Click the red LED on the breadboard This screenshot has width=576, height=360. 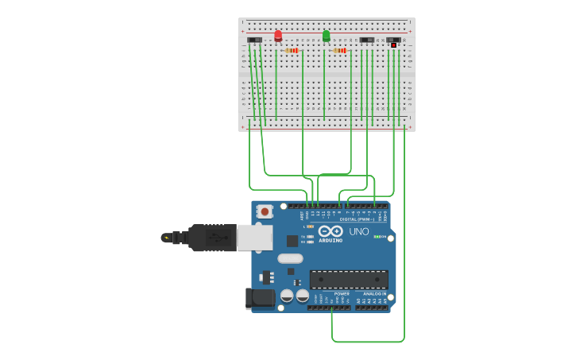coord(278,35)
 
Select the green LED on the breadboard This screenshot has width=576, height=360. coord(326,35)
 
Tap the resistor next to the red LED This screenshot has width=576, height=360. coord(292,50)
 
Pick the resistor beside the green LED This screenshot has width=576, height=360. coord(340,50)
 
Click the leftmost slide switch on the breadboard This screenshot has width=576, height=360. coord(254,40)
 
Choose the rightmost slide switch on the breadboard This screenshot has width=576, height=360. coord(393,40)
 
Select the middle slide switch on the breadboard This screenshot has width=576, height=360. coord(366,40)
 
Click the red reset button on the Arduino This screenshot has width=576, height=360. coord(265,211)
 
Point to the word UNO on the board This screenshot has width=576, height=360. coord(359,231)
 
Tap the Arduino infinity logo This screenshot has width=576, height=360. coord(331,230)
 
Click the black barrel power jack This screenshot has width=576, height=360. coord(260,298)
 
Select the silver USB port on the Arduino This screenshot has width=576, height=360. coord(255,237)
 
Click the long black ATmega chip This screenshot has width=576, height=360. coord(349,279)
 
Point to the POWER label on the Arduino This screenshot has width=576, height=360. coord(342,294)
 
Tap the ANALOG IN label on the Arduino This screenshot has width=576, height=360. coord(374,294)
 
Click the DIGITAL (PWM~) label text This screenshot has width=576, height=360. coord(357,219)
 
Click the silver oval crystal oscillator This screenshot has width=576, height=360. coord(290,258)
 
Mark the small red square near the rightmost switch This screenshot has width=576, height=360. coord(393,45)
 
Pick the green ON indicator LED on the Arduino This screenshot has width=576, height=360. coord(377,237)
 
